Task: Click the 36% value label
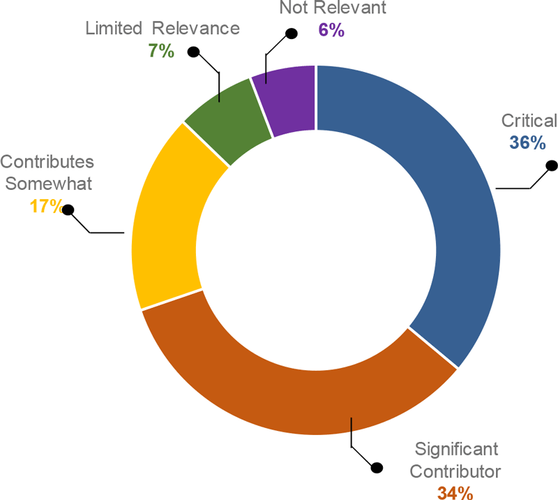coord(527,142)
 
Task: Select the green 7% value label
coord(161,50)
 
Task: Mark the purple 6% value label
coord(331,31)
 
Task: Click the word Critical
coord(529,120)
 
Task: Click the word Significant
coord(457,448)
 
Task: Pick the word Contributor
coord(455,471)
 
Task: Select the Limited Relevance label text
coord(163,29)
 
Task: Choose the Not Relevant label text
coord(332,9)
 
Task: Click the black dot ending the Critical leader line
coord(551,166)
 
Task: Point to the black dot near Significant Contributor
coord(377,467)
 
